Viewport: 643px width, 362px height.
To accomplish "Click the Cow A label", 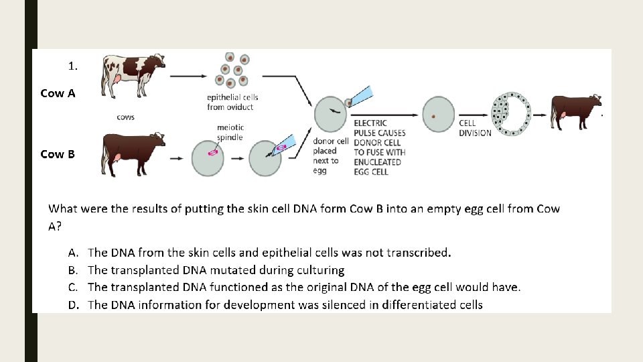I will (x=58, y=93).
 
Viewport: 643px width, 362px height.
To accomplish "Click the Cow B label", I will (x=58, y=154).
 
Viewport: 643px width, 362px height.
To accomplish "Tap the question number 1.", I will (x=72, y=66).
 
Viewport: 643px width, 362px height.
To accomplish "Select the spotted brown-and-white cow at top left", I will (x=132, y=73).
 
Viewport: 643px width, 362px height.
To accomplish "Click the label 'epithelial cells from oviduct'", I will (x=232, y=103).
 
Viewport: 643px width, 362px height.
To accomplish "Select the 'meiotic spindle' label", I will (x=230, y=132).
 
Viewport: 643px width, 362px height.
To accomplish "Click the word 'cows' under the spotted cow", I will (x=126, y=117).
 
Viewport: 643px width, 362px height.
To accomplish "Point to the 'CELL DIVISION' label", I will (x=475, y=128).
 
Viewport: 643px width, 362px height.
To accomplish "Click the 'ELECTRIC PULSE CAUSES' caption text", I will (x=379, y=128).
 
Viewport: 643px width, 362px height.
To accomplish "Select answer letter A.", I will (x=74, y=253).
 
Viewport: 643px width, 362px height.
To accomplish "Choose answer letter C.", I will (x=74, y=287).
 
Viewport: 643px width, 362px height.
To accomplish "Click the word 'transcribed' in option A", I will (x=417, y=253).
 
